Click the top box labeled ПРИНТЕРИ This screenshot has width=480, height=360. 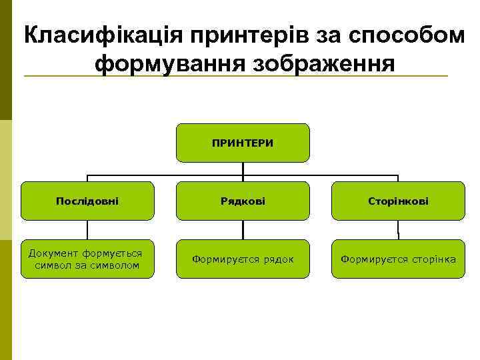(243, 143)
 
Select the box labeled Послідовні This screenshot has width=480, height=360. (87, 201)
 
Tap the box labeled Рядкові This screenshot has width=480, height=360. (243, 201)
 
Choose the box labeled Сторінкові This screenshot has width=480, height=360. (398, 201)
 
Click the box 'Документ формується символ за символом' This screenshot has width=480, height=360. (87, 259)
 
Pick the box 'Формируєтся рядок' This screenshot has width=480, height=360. (243, 259)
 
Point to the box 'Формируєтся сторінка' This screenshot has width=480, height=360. (398, 259)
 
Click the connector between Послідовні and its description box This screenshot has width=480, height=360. (87, 230)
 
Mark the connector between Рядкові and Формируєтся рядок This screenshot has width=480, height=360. (243, 230)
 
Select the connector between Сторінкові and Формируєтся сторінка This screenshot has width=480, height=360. (398, 230)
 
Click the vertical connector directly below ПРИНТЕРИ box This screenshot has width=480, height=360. (243, 169)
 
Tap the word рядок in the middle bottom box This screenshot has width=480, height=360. (279, 259)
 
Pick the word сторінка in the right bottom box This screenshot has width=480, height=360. (434, 259)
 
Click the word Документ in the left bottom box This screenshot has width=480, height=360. (51, 253)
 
